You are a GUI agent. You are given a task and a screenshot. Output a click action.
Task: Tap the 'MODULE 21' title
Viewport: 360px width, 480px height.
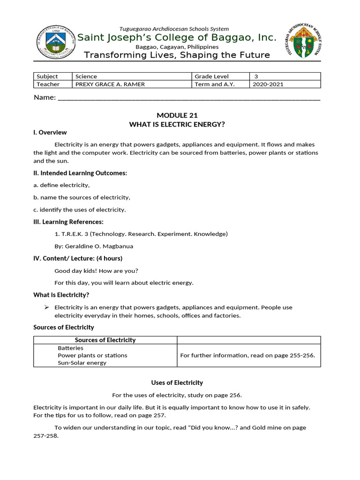pos(177,115)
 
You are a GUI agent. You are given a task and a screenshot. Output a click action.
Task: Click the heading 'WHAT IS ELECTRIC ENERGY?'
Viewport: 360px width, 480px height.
pos(177,124)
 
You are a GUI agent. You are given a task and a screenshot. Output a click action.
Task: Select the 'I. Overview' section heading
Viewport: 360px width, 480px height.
pos(50,133)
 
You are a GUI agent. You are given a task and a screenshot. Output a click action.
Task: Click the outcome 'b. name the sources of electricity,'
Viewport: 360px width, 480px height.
pos(82,197)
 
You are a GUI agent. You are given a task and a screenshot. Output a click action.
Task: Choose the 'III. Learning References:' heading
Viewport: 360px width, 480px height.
pos(68,222)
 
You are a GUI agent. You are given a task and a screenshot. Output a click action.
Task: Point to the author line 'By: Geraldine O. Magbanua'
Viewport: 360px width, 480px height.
pos(90,246)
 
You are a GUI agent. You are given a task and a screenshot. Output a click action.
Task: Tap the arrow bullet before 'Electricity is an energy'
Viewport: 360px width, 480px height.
pos(46,307)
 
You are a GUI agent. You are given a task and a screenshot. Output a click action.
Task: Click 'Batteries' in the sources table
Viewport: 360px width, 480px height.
pos(71,348)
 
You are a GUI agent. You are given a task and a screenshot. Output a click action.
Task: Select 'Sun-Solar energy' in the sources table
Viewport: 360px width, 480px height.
pos(82,363)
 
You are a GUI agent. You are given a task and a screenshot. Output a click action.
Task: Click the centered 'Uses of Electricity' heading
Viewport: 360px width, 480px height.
pos(177,383)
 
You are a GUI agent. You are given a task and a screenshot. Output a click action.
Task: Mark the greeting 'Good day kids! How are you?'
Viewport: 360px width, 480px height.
pos(97,270)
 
